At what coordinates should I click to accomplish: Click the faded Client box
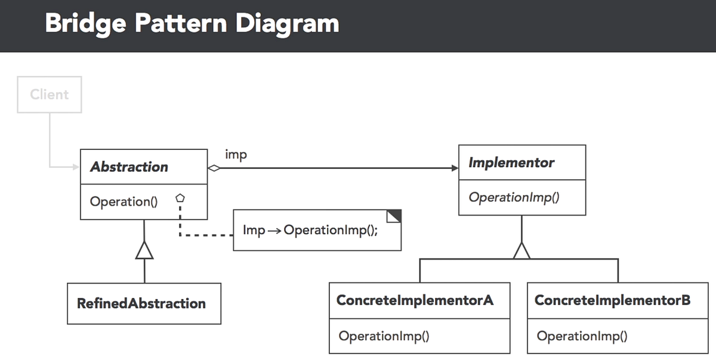coord(50,94)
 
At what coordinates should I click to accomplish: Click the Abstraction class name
coord(129,167)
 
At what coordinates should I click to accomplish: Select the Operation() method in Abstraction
coord(124,202)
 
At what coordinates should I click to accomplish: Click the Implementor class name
coord(511,162)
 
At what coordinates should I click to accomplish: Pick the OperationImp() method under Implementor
coord(514,197)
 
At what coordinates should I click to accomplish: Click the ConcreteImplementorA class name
coord(415,300)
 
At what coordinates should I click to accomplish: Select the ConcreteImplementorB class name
coord(612,300)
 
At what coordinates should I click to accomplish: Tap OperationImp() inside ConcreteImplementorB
coord(582,336)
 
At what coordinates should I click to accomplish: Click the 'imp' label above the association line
coord(236,155)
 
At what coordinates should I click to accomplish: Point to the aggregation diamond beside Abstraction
coord(214,168)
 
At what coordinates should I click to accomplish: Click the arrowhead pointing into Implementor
coord(455,168)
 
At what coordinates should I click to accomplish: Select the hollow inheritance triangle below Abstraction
coord(144,252)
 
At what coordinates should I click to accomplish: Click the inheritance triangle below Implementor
coord(521,251)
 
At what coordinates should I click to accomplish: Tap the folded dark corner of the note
coord(395,216)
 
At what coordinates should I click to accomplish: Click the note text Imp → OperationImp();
coord(310,230)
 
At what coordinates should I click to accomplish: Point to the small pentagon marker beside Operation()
coord(179,198)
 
